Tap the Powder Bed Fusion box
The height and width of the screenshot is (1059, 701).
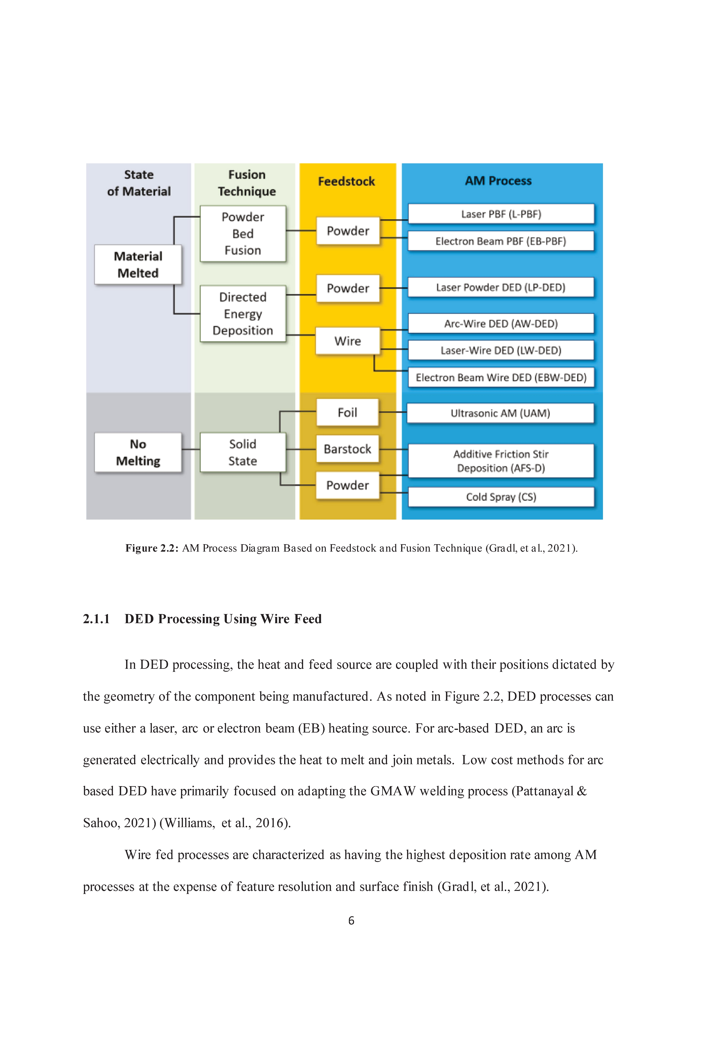coord(243,233)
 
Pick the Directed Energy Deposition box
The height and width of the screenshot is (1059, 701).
coord(243,314)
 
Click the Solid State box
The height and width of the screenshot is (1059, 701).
coord(243,452)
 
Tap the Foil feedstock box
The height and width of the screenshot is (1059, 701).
coord(347,412)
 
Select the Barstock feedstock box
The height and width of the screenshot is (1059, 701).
coord(347,449)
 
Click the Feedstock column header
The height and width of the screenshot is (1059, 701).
coord(346,181)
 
